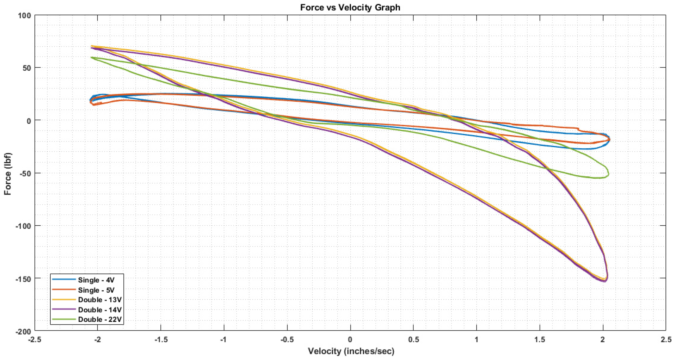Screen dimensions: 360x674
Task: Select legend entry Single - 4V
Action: point(96,280)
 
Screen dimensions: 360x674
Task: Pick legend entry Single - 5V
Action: point(96,290)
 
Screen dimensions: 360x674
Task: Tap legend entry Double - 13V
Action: point(100,300)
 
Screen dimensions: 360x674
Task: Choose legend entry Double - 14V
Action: point(100,310)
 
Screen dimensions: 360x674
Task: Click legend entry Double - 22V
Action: point(100,319)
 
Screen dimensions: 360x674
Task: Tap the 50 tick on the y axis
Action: point(27,68)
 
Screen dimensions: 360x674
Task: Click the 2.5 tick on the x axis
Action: point(666,340)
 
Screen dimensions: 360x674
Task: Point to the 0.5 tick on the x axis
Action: point(413,340)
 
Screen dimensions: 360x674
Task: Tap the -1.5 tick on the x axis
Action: point(161,340)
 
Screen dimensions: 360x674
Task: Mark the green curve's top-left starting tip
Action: point(91,57)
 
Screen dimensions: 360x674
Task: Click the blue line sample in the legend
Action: point(64,279)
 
